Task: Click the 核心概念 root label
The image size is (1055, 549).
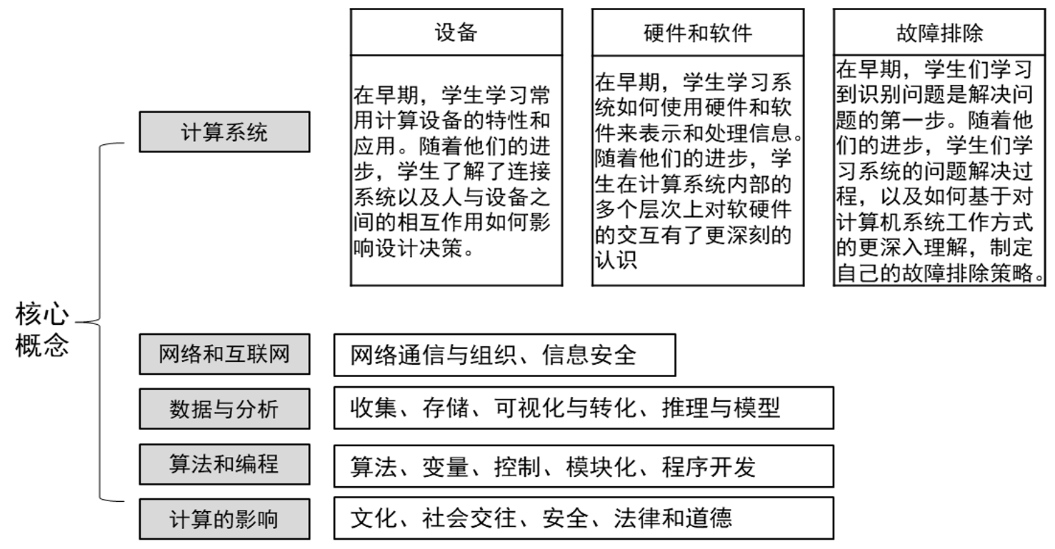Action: coord(42,330)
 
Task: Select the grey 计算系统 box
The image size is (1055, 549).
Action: coord(225,132)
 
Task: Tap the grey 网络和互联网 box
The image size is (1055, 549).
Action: coord(225,354)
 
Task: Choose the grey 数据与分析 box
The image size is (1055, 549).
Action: coord(225,408)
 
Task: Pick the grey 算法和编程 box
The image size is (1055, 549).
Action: coord(225,464)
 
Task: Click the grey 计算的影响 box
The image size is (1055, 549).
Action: coord(225,519)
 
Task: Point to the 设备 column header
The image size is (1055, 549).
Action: coord(456,32)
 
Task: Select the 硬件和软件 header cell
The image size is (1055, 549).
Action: coord(698,32)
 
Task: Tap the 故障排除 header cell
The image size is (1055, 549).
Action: coord(939,32)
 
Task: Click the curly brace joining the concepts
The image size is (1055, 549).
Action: coord(100,322)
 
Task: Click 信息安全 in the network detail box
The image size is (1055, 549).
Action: coord(589,355)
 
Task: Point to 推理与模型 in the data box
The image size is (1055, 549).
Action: coord(721,408)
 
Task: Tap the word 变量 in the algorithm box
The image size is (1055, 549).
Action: coord(446,467)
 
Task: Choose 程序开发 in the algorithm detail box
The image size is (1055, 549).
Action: coord(709,467)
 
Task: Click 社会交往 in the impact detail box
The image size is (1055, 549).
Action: coord(469,518)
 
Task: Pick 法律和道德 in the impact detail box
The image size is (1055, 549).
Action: coord(673,518)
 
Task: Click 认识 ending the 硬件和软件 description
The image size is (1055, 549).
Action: coord(616,260)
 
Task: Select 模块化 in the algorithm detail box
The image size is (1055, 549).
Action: coord(601,467)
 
